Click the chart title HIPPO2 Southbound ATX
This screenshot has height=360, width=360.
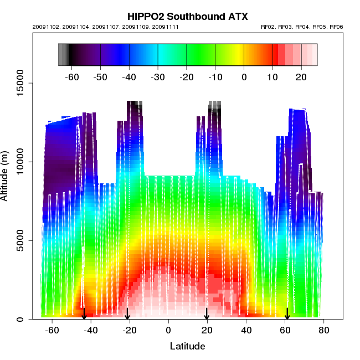pos(187,17)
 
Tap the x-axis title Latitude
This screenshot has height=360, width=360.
pos(187,346)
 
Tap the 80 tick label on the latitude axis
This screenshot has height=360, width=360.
pos(324,331)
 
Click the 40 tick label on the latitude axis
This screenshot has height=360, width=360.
pos(246,331)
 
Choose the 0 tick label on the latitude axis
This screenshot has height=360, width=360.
pos(168,331)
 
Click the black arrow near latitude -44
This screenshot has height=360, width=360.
pos(84,314)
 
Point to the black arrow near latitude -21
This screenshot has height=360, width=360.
pos(127,314)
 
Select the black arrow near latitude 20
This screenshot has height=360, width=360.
pos(207,314)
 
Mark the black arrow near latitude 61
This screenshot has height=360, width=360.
pos(287,314)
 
